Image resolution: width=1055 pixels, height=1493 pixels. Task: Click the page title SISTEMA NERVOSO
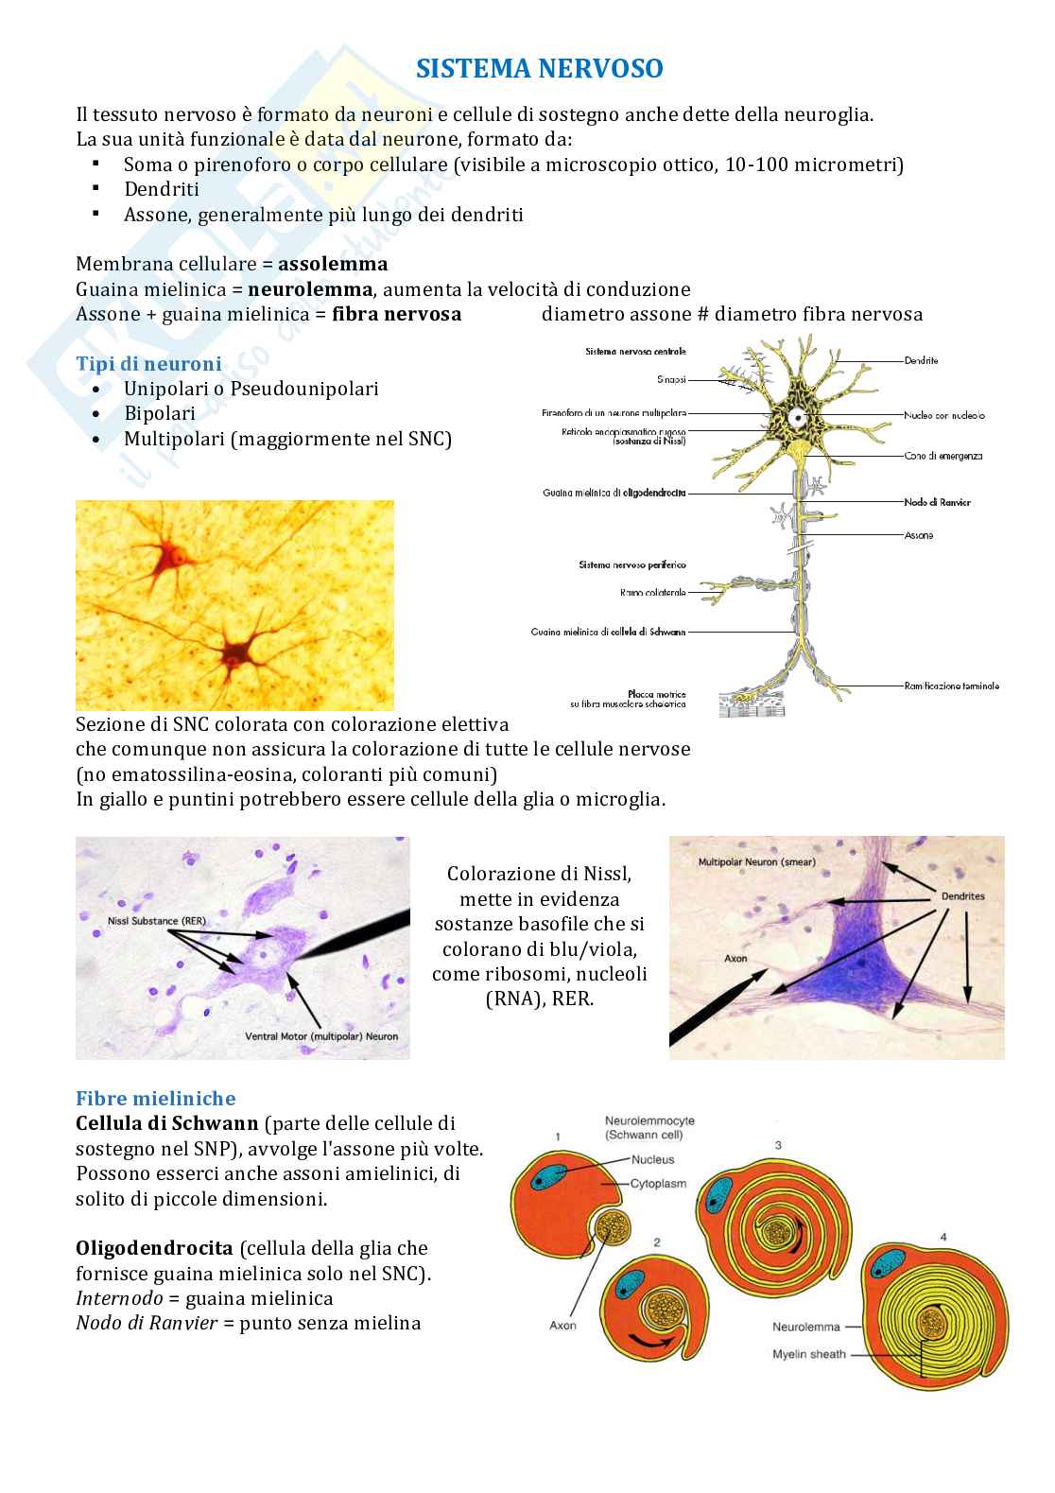click(540, 69)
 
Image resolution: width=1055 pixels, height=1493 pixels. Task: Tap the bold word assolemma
click(333, 264)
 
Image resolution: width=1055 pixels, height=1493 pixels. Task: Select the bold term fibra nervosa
click(396, 314)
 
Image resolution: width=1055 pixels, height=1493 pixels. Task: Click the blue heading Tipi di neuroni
click(148, 364)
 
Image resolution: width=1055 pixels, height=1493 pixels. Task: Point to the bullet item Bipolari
click(160, 413)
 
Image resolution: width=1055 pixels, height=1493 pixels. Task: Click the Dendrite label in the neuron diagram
click(921, 360)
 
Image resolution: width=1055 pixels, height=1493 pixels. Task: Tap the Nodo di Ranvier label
click(937, 502)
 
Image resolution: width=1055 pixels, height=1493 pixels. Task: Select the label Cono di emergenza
click(943, 456)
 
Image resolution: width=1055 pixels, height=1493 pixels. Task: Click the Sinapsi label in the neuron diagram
click(671, 380)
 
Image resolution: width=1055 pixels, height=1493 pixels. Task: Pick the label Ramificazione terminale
click(951, 686)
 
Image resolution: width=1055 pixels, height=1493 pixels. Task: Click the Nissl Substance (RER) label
click(144, 920)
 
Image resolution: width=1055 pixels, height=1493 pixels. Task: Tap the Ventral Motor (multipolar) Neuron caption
click(321, 1036)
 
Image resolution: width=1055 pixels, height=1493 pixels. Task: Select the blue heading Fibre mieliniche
click(155, 1099)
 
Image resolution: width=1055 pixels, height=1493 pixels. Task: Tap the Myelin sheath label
click(808, 1354)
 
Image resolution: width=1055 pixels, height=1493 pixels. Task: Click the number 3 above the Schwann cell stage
click(777, 1146)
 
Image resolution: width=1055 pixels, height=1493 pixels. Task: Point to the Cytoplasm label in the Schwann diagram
click(659, 1183)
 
